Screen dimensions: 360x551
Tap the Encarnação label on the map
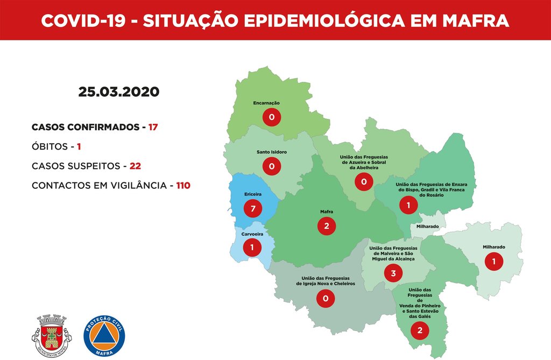coord(266,103)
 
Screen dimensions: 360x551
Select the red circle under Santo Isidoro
coord(272,166)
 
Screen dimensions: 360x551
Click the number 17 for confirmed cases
coord(153,128)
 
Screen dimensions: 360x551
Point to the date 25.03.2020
coord(118,91)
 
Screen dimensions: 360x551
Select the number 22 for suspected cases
coord(135,166)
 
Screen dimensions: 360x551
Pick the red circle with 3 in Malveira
coord(393,273)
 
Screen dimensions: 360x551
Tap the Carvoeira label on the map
coord(252,235)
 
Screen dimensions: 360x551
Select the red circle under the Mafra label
coord(327,225)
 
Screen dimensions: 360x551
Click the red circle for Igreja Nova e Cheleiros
coord(326,298)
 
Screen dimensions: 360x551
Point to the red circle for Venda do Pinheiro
coord(420,330)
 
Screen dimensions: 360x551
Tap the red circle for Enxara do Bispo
coord(408,205)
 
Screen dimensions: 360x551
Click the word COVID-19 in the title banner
coord(83,20)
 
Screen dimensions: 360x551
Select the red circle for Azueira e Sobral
coord(364,182)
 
